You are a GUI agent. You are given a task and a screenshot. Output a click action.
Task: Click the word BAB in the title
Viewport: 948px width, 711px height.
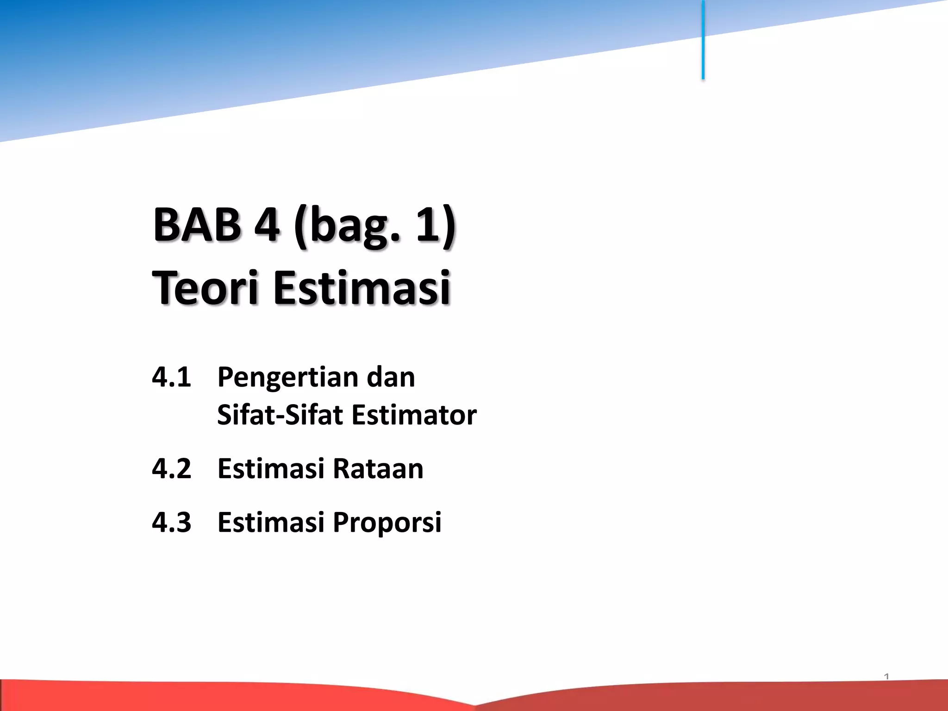(197, 225)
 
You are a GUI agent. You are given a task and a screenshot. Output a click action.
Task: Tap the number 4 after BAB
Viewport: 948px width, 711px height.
(267, 225)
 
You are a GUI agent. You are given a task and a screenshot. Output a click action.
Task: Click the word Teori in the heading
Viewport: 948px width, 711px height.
(204, 288)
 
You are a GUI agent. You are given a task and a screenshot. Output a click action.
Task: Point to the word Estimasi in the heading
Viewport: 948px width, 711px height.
(362, 288)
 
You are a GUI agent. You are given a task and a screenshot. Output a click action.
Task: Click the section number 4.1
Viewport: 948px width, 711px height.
(171, 377)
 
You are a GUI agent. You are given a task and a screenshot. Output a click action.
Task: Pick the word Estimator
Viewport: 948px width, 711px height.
(414, 415)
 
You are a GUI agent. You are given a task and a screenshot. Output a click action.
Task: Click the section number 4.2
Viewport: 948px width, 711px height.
(171, 468)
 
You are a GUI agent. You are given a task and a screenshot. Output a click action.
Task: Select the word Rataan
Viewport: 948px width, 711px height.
(378, 468)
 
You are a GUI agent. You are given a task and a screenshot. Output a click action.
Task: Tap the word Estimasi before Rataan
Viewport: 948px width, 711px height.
(271, 468)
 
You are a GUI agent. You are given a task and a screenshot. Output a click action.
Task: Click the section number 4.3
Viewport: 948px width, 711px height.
(171, 522)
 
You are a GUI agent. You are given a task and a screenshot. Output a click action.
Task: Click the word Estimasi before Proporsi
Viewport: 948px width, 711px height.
(271, 522)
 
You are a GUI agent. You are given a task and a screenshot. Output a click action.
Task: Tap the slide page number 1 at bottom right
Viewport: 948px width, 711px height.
(886, 677)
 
